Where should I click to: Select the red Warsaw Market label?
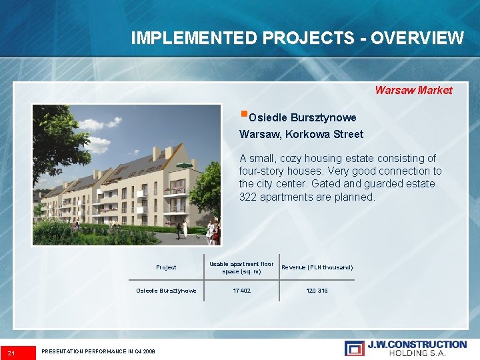pyautogui.click(x=413, y=90)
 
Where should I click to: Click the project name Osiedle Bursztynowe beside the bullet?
pyautogui.click(x=302, y=118)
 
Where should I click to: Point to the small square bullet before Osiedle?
pyautogui.click(x=243, y=114)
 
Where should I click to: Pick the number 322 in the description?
pyautogui.click(x=248, y=197)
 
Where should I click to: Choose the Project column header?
pyautogui.click(x=166, y=267)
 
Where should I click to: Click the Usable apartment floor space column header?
pyautogui.click(x=241, y=267)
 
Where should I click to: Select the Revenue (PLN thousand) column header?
pyautogui.click(x=317, y=267)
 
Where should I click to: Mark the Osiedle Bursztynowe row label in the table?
pyautogui.click(x=166, y=291)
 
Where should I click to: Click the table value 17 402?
pyautogui.click(x=241, y=291)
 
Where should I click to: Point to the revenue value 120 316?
pyautogui.click(x=317, y=291)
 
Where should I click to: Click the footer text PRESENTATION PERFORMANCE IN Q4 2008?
pyautogui.click(x=98, y=351)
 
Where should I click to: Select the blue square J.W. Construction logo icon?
pyautogui.click(x=354, y=348)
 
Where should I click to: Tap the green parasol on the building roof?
pyautogui.click(x=184, y=164)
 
